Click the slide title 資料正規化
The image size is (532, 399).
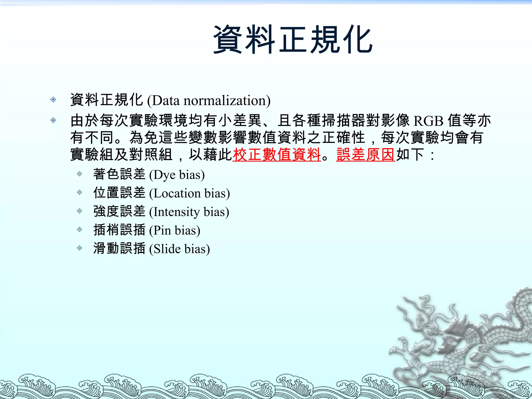click(293, 39)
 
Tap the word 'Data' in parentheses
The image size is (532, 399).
click(166, 101)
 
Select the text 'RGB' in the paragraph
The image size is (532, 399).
click(428, 121)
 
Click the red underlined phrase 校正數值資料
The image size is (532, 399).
click(277, 155)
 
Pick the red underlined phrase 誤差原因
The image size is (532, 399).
click(365, 155)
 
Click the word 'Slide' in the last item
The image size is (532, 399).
click(167, 249)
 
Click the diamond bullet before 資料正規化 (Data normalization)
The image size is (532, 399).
click(53, 99)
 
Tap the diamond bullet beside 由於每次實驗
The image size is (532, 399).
click(53, 120)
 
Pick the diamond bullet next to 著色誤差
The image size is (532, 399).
click(79, 174)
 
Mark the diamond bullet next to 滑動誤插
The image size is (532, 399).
click(79, 248)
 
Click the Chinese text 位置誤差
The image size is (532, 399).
click(119, 193)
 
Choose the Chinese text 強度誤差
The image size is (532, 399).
click(119, 211)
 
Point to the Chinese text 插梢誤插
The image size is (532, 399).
click(119, 230)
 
